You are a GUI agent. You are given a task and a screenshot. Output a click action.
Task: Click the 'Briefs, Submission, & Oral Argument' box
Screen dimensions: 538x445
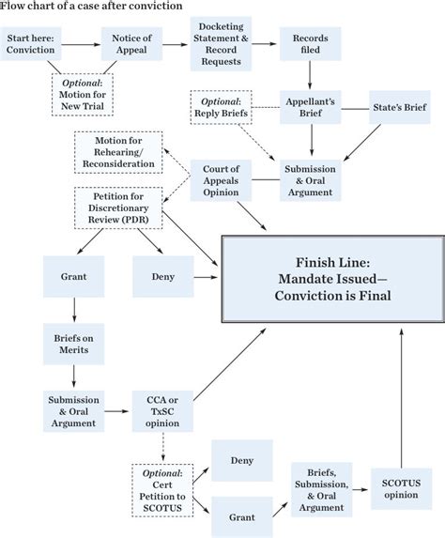pos(321,489)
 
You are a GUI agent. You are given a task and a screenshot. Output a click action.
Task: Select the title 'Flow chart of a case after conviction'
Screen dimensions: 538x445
pos(78,6)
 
